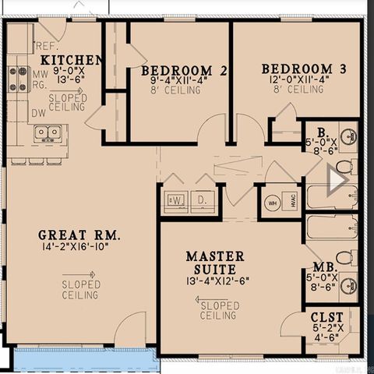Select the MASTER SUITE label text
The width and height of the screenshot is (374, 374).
coord(214,263)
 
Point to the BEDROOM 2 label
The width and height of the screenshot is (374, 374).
coord(184,71)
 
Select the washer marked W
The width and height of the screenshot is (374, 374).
coord(176,199)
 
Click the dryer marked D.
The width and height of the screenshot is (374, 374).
coord(203,199)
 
